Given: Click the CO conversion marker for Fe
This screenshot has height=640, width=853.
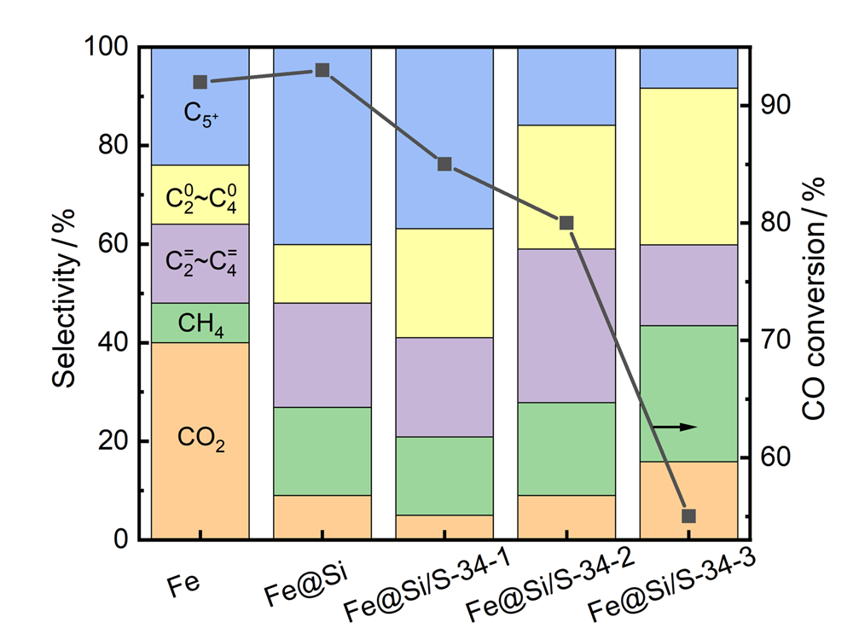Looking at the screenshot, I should tap(200, 82).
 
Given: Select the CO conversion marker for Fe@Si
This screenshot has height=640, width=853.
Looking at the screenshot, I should tap(322, 70).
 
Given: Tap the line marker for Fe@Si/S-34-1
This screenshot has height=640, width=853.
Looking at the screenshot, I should tap(444, 164).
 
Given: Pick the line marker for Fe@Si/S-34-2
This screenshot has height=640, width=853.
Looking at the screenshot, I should tap(566, 224).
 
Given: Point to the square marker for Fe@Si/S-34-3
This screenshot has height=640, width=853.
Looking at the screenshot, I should tap(688, 516).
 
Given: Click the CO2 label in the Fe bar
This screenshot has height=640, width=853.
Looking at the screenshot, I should tap(201, 441).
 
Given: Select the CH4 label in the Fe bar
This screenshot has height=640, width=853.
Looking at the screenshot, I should tap(200, 323).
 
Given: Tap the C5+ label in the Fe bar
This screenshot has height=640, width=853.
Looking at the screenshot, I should tap(201, 112).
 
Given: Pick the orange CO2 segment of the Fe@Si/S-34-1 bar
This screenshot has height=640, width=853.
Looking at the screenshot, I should tap(444, 527).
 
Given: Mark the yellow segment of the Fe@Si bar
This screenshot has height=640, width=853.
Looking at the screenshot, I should tap(322, 274).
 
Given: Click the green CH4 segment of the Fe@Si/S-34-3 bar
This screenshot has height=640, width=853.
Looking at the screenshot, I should tap(688, 393).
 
